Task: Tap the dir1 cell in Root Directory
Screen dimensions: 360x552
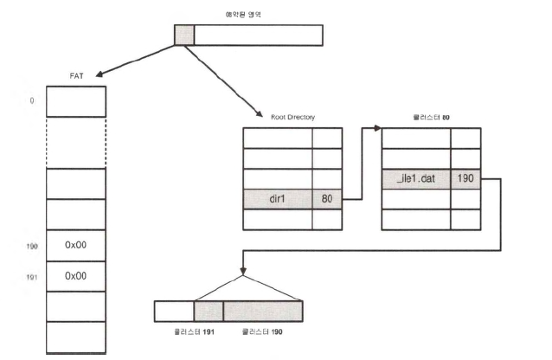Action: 277,199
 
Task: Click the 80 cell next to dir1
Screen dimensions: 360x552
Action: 327,199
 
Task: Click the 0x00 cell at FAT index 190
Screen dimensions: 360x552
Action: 75,246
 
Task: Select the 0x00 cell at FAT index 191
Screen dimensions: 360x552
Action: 75,276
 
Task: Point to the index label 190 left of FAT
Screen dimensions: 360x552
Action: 33,247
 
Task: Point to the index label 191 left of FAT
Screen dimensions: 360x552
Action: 33,277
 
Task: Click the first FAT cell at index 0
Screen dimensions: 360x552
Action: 75,101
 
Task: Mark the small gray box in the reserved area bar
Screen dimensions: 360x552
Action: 183,34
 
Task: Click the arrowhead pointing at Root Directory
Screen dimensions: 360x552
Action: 260,113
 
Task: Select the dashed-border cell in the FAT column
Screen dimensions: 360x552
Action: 75,143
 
